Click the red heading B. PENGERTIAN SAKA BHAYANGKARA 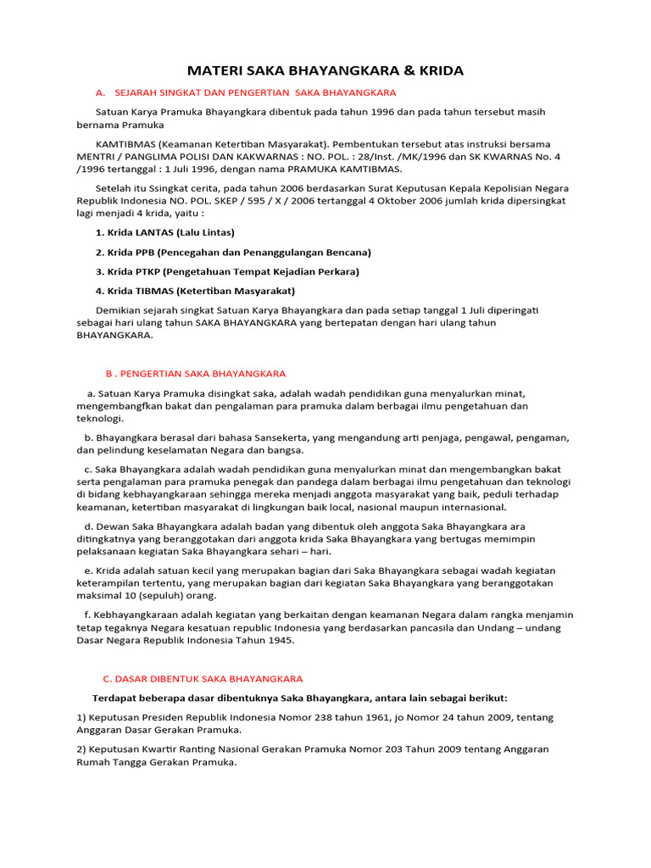(196, 373)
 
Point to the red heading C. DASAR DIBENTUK (203, 678)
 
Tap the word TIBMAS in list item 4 (153, 291)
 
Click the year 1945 (280, 640)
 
